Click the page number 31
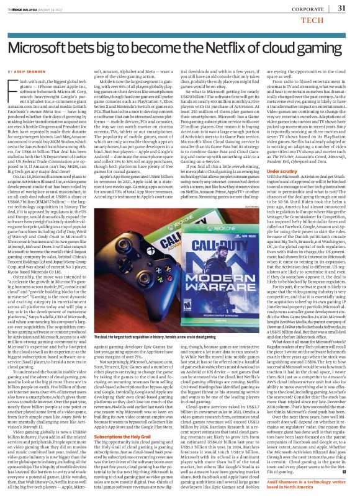341,8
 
